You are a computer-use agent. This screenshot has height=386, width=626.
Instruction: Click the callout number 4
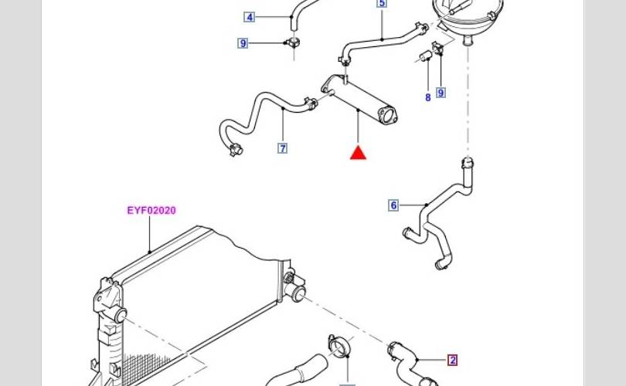[249, 17]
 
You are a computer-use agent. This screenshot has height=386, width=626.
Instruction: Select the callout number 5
[382, 4]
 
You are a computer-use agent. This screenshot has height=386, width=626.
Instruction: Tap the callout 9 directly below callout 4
[243, 43]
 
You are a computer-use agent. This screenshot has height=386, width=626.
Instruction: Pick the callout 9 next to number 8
[441, 93]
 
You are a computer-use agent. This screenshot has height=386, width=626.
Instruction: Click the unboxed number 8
[427, 98]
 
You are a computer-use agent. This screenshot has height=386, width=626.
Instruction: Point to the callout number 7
[283, 148]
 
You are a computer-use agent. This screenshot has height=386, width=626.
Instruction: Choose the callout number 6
[393, 205]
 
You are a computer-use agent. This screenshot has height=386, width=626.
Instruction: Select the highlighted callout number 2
[452, 360]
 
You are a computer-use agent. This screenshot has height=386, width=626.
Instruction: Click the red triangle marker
[358, 152]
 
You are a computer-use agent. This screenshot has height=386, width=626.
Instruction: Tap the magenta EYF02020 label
[151, 210]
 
